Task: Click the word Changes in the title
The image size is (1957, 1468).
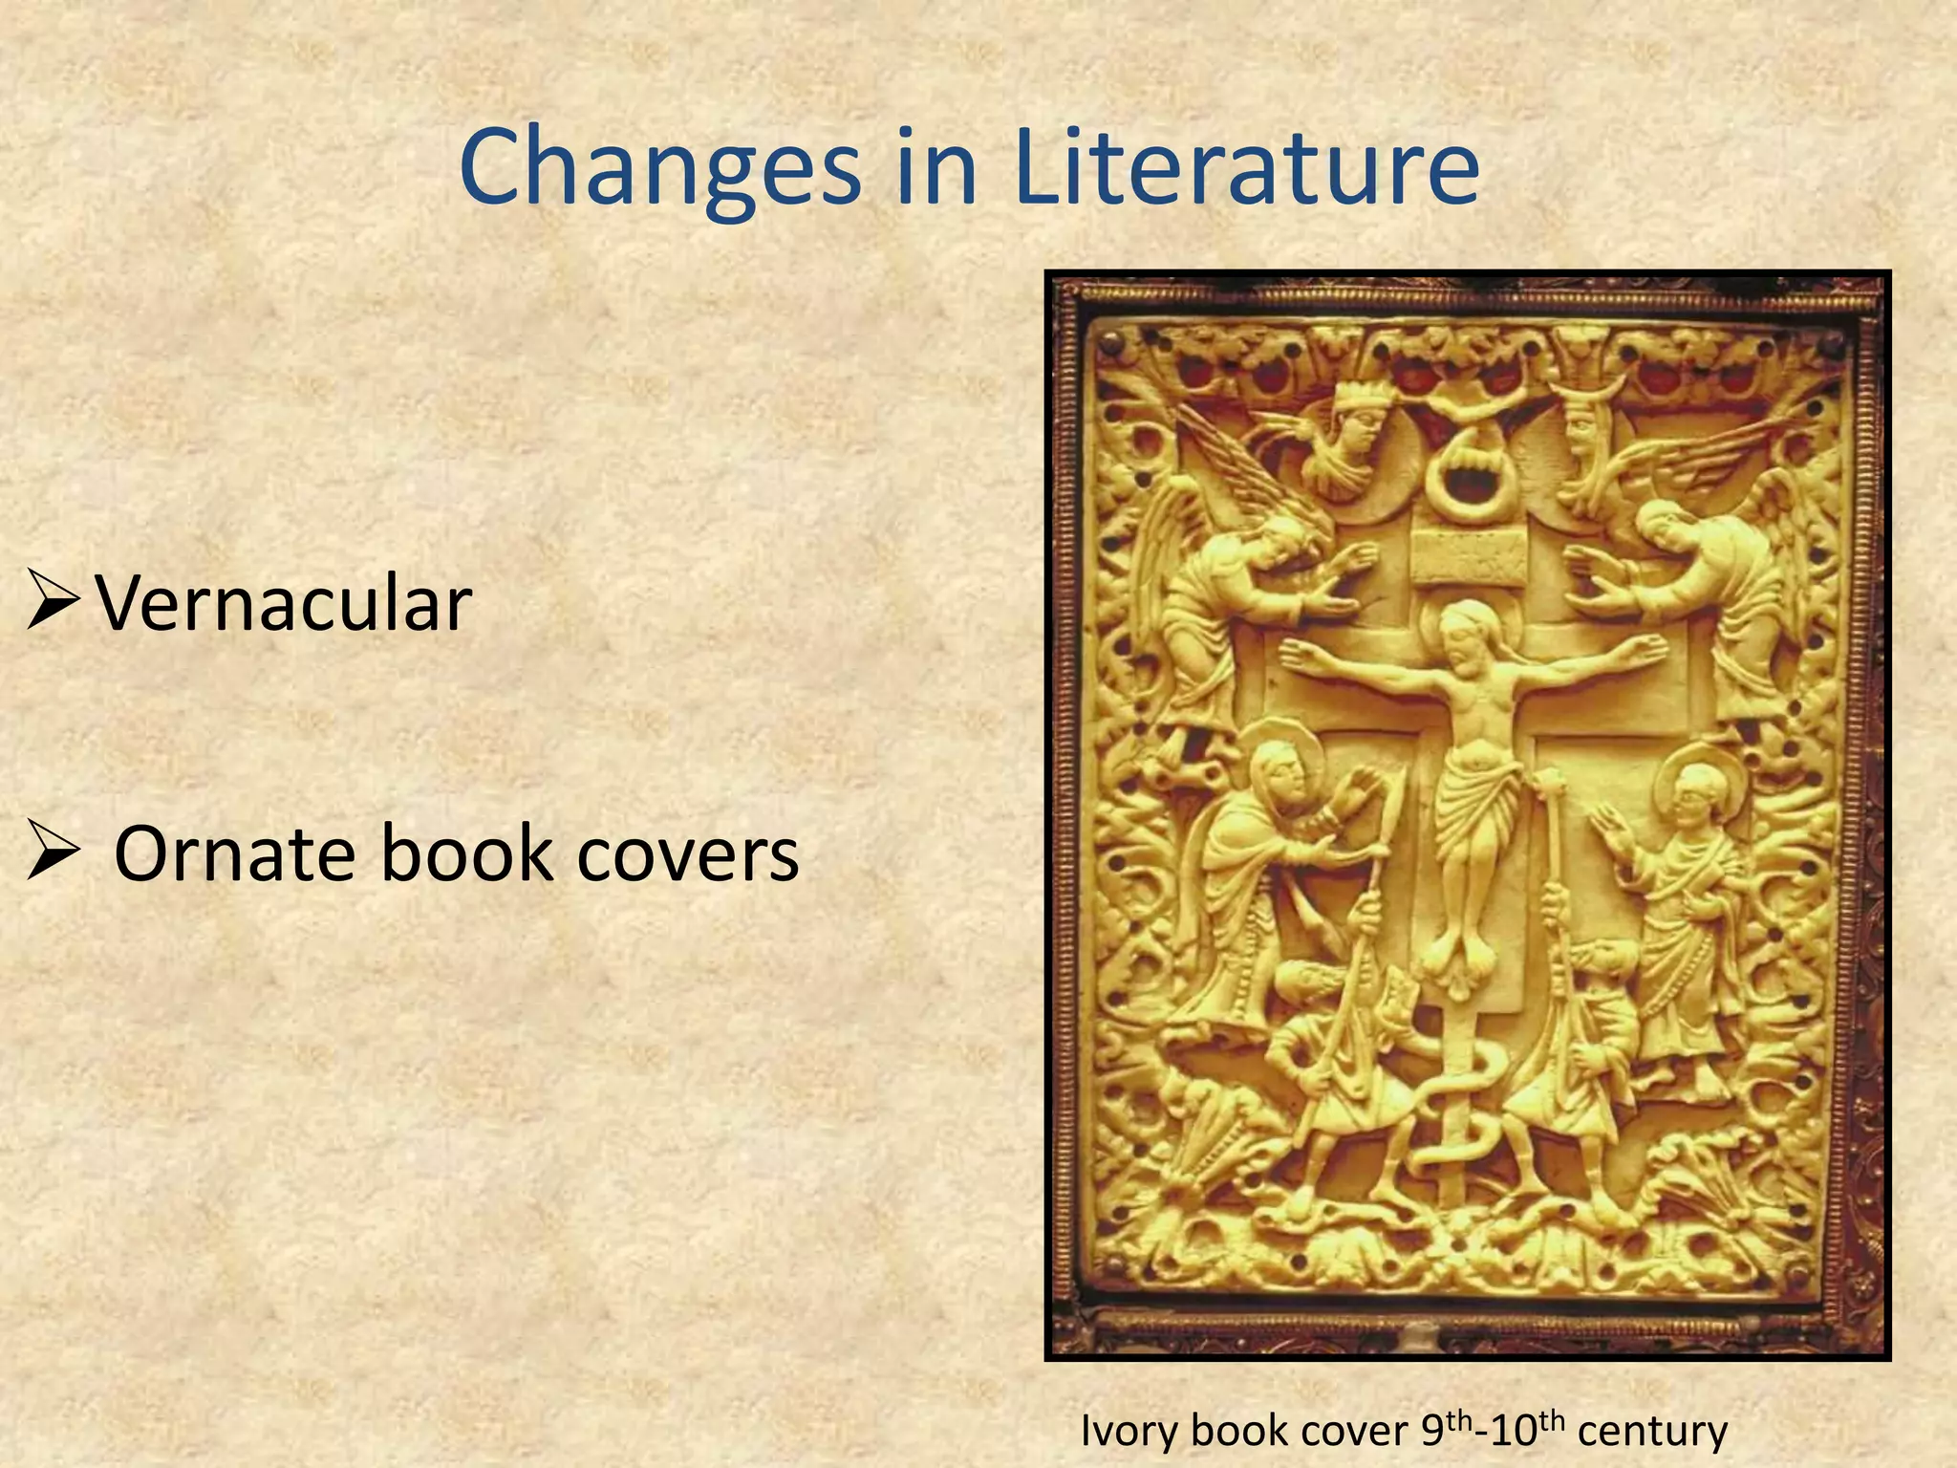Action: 659,170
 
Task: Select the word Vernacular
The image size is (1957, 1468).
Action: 284,604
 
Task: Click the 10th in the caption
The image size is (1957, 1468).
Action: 1525,1428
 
